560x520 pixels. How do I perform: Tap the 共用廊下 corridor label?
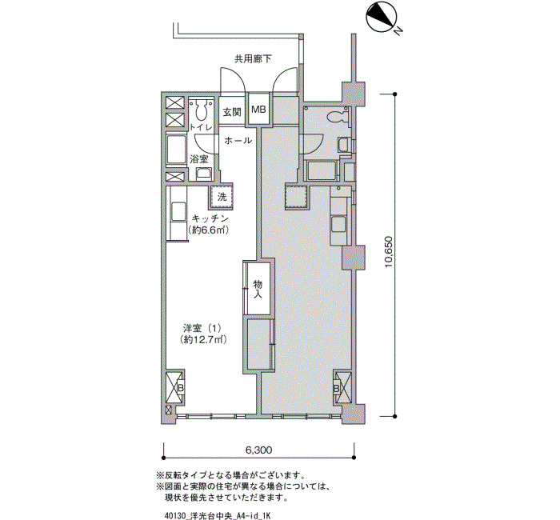pyautogui.click(x=253, y=58)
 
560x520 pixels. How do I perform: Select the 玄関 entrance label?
pyautogui.click(x=232, y=112)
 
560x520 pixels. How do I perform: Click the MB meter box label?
pyautogui.click(x=258, y=110)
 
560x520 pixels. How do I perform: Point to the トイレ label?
pyautogui.click(x=201, y=127)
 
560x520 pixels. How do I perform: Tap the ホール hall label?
pyautogui.click(x=238, y=140)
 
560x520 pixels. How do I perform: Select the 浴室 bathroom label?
pyautogui.click(x=199, y=159)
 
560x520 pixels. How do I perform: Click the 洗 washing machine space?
pyautogui.click(x=222, y=197)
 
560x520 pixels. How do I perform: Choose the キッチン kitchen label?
pyautogui.click(x=210, y=218)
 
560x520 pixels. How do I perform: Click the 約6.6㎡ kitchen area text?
pyautogui.click(x=208, y=230)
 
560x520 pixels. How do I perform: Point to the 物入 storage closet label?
pyautogui.click(x=258, y=290)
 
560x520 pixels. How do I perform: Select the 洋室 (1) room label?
pyautogui.click(x=203, y=328)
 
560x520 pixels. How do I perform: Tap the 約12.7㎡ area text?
pyautogui.click(x=203, y=339)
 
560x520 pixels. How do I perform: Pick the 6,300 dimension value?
pyautogui.click(x=258, y=450)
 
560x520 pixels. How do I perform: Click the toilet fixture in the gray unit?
pyautogui.click(x=338, y=117)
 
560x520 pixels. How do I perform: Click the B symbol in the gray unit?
pyautogui.click(x=337, y=389)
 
